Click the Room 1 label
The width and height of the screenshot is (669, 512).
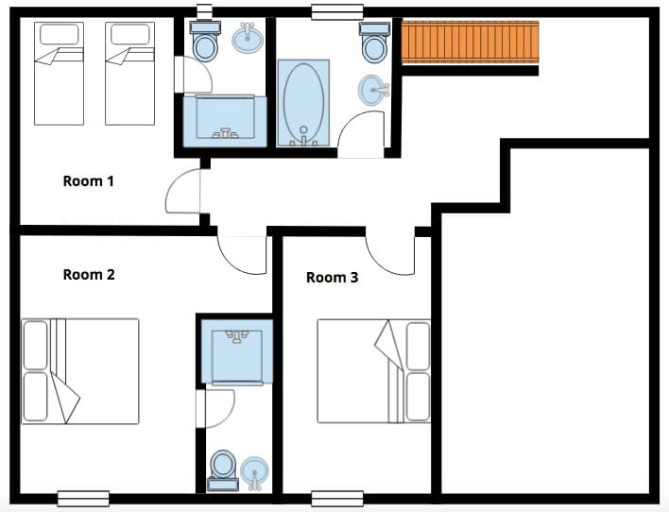click(x=88, y=180)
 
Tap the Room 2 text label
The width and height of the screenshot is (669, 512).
click(x=88, y=275)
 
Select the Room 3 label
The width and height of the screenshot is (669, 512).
click(x=332, y=278)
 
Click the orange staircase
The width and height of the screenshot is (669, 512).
click(x=470, y=43)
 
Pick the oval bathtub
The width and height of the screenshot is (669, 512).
click(x=303, y=101)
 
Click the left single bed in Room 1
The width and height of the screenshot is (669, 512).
click(x=60, y=74)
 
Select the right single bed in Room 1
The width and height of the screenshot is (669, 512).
click(x=129, y=74)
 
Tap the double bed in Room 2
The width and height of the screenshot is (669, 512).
click(x=80, y=371)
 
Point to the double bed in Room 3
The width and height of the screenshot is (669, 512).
click(x=373, y=371)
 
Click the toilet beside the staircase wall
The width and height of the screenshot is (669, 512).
click(x=374, y=43)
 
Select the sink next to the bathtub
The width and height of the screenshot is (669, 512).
click(x=372, y=92)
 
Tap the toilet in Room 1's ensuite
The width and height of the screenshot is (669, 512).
click(x=205, y=41)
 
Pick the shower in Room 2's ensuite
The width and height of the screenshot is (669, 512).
click(x=236, y=351)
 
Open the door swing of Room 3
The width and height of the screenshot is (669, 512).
click(x=392, y=253)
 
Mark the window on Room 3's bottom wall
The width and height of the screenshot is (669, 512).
click(x=337, y=498)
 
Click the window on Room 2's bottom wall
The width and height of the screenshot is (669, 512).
click(x=83, y=498)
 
